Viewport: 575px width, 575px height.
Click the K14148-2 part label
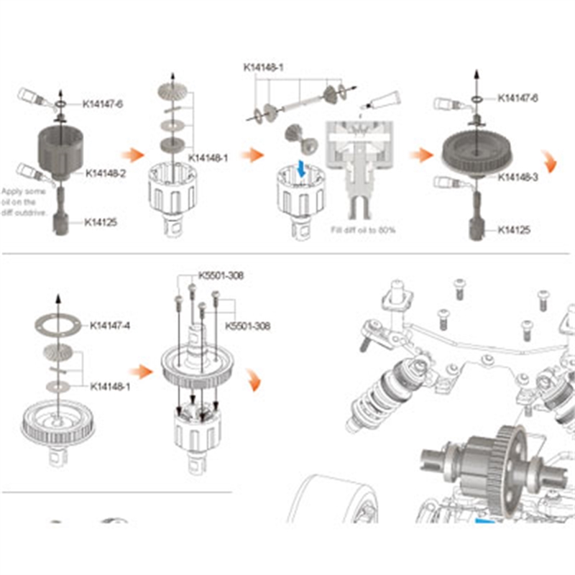point(106,173)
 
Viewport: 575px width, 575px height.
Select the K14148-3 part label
point(517,177)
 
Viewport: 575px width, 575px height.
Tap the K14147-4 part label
point(110,326)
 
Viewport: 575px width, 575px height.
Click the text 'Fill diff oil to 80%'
point(363,230)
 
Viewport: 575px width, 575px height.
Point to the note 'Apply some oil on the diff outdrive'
point(24,202)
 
